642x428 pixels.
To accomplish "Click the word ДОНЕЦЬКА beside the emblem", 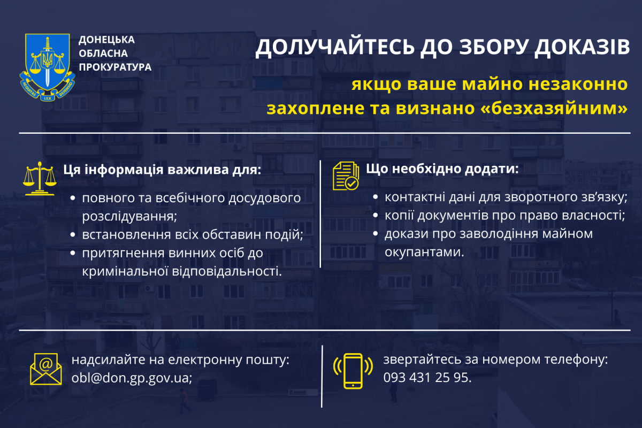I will [x=106, y=40].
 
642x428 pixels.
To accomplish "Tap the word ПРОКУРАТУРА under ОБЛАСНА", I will [x=115, y=67].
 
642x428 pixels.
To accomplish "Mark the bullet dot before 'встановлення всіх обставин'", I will [x=73, y=235].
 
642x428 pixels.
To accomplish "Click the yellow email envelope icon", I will [x=45, y=369].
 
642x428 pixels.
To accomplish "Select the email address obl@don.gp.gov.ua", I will [x=132, y=378].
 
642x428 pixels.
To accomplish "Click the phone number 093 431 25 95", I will [x=427, y=378].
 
